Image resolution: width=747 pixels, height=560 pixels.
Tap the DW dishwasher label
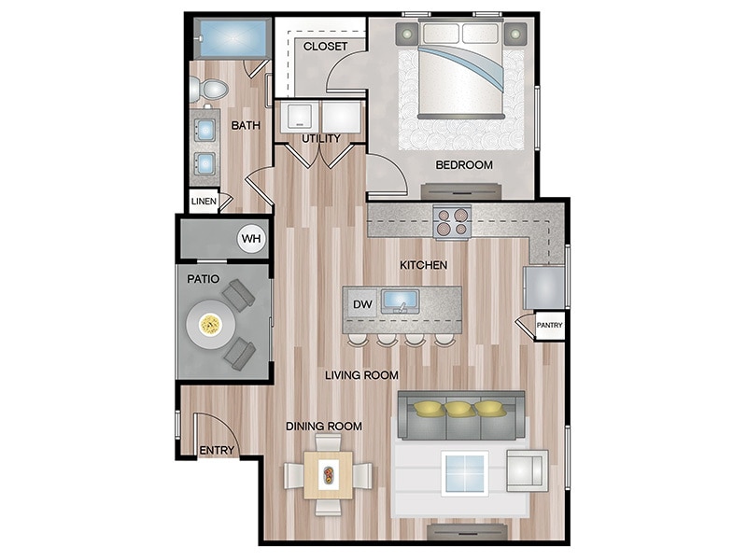coord(361,303)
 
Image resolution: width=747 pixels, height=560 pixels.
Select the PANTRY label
coord(548,326)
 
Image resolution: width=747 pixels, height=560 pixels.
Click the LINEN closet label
coord(204,201)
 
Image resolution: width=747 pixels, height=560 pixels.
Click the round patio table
coord(210,325)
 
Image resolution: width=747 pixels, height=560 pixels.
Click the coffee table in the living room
coord(465,471)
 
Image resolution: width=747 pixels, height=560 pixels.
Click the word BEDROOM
coord(464,165)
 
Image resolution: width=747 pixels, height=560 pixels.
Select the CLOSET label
coord(325,46)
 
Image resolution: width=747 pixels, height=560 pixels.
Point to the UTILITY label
coord(320,139)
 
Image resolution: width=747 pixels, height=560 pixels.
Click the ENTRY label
coord(217,451)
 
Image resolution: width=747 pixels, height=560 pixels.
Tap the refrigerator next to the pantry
coord(543,287)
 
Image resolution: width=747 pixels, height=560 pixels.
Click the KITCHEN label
coord(424,265)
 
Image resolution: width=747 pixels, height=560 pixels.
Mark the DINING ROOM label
coord(324,427)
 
